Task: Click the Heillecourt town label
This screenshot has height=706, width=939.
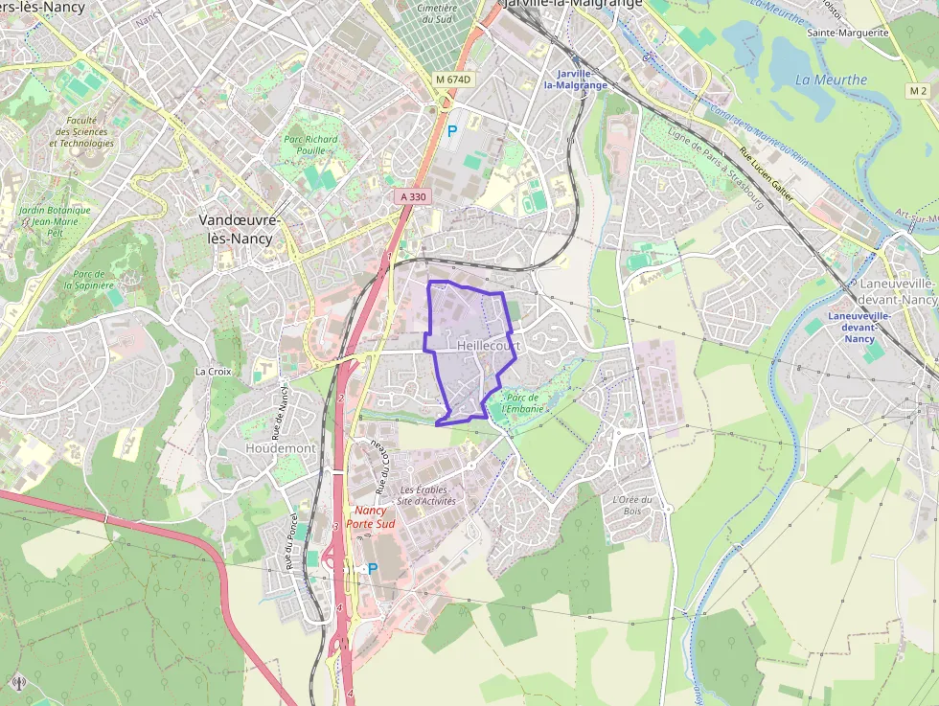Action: point(489,345)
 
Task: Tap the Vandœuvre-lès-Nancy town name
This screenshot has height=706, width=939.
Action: point(240,227)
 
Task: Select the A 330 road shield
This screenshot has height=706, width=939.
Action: point(412,196)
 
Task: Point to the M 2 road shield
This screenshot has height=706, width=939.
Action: point(918,90)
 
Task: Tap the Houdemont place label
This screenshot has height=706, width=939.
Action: point(281,448)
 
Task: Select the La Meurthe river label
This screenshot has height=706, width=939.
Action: point(831,80)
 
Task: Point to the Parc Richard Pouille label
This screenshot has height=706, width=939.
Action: point(311,145)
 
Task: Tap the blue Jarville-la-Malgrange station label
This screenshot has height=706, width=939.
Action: point(575,80)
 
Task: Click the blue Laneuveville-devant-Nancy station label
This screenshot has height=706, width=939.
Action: point(859,327)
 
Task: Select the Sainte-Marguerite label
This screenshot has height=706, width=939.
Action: point(848,33)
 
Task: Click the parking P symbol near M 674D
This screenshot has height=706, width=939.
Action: point(452,129)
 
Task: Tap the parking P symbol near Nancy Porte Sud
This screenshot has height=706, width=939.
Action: point(373,569)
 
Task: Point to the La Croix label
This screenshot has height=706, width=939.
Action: point(213,371)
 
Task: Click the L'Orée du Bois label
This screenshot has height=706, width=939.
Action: point(631,505)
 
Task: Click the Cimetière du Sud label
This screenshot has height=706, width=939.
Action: point(437,12)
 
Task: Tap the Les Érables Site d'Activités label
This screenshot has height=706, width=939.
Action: point(427,495)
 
